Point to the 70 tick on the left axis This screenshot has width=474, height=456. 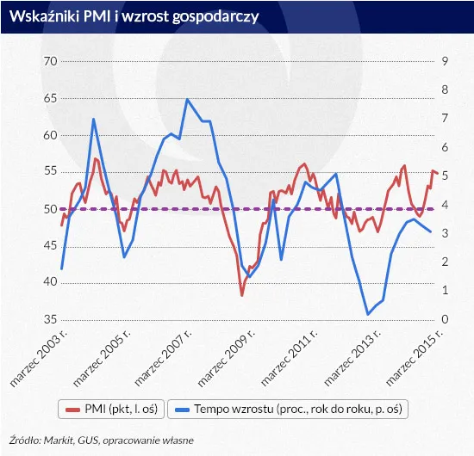coord(49,62)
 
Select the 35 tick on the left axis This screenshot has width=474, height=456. coord(49,320)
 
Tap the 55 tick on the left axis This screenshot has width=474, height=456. coord(49,172)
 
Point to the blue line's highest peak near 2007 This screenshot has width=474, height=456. coord(187,100)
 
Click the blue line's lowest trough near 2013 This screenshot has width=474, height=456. coord(369,314)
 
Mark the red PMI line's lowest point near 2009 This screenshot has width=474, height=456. coord(242,295)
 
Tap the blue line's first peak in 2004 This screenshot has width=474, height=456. coord(93,119)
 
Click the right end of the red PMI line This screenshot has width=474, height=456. coord(437,173)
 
